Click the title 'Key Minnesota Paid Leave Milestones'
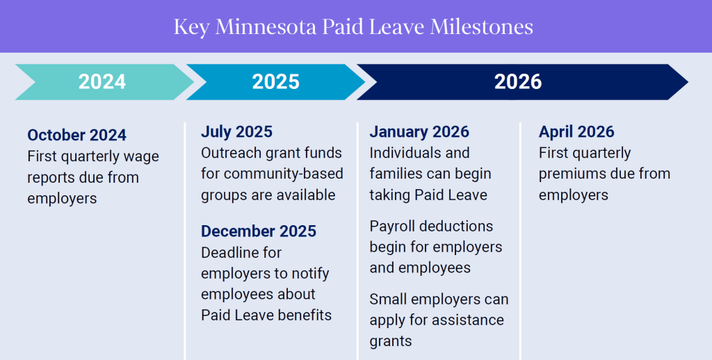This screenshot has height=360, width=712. point(353,27)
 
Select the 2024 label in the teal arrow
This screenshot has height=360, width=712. point(102,82)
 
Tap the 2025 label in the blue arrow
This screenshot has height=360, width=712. point(275,82)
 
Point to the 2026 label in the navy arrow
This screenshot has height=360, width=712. point(518,82)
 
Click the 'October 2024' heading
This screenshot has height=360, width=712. point(77,135)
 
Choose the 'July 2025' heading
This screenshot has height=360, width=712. point(236,131)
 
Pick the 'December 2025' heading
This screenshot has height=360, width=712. point(259,231)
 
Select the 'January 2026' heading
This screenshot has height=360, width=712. point(419,131)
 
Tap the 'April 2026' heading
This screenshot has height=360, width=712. point(576,131)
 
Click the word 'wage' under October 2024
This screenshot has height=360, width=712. point(141,156)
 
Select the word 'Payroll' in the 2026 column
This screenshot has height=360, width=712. point(394,226)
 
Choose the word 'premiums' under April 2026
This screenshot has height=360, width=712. point(571,174)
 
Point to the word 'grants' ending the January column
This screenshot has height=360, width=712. point(391,341)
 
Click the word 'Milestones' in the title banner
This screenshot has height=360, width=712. point(482,27)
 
